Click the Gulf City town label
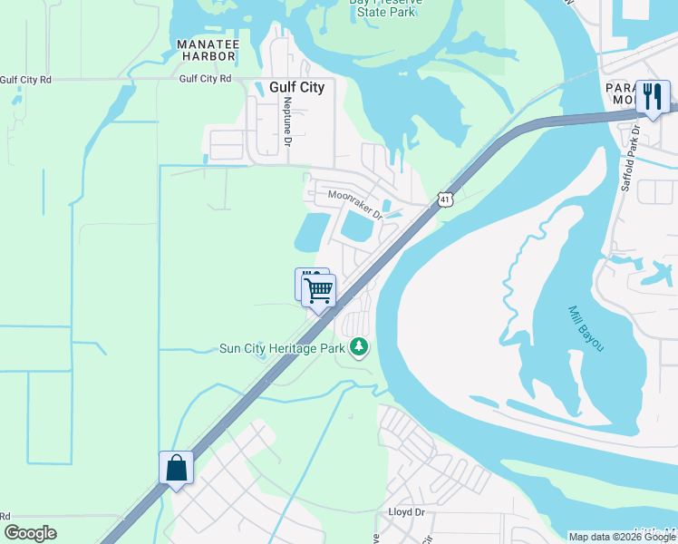pyautogui.click(x=296, y=88)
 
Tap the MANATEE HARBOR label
pyautogui.click(x=207, y=50)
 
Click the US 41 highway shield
pyautogui.click(x=443, y=199)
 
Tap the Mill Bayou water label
pyautogui.click(x=586, y=328)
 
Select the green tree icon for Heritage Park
pyautogui.click(x=360, y=347)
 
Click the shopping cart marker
pyautogui.click(x=319, y=291)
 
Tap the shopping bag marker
pyautogui.click(x=176, y=468)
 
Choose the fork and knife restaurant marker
pyautogui.click(x=652, y=96)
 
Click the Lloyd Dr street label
pyautogui.click(x=406, y=512)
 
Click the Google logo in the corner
pyautogui.click(x=31, y=533)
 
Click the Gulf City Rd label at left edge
pyautogui.click(x=25, y=80)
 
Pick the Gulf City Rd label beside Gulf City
pyautogui.click(x=205, y=79)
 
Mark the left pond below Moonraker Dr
pyautogui.click(x=311, y=233)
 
